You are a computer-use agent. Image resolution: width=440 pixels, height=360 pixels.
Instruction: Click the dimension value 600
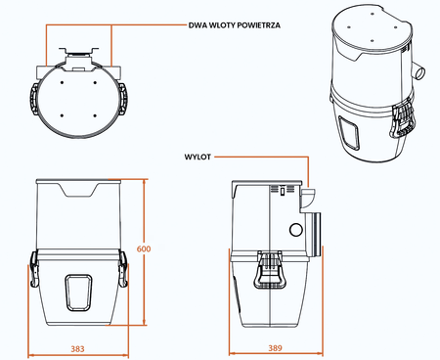click(144, 248)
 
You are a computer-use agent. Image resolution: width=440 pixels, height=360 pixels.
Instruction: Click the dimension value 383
click(77, 349)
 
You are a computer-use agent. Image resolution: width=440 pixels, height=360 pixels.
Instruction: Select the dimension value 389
click(275, 348)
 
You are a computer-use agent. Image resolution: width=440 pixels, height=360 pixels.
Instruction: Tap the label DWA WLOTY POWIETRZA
click(235, 25)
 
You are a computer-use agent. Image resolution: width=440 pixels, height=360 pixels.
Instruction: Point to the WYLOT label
click(198, 157)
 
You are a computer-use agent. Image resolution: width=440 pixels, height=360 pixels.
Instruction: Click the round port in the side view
click(296, 230)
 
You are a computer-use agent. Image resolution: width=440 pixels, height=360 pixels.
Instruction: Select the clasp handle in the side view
click(270, 270)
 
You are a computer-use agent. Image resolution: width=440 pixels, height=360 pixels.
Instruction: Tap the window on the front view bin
click(78, 292)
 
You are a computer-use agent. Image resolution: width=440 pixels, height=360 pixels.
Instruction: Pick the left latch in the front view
click(34, 269)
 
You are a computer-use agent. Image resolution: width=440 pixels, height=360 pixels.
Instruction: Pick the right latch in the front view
click(123, 269)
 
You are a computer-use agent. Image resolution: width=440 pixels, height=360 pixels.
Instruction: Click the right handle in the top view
click(123, 99)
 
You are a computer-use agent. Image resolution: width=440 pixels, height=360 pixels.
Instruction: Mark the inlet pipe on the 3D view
click(419, 70)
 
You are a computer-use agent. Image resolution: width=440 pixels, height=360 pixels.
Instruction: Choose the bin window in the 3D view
click(349, 132)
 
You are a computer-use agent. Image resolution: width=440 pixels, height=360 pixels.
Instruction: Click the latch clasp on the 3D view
click(403, 121)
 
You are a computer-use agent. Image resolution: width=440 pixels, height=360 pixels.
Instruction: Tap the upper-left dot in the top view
click(62, 82)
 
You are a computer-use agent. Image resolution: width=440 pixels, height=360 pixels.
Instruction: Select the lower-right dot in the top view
click(95, 115)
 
